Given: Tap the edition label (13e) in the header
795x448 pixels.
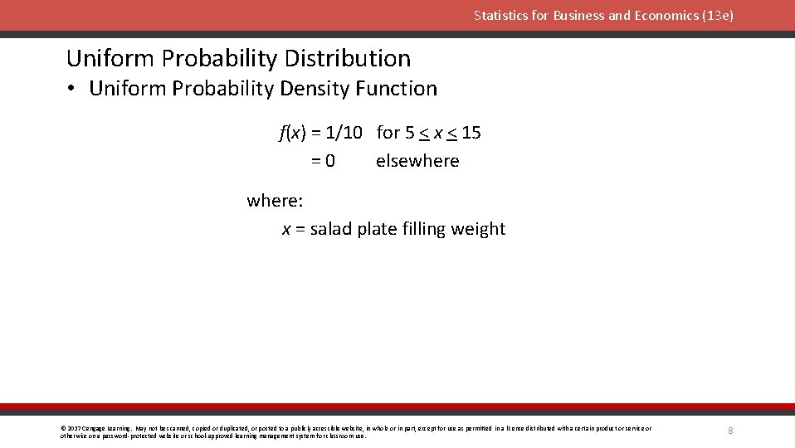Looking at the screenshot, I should pyautogui.click(x=717, y=16).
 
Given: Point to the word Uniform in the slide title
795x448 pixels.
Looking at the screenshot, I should pyautogui.click(x=110, y=58).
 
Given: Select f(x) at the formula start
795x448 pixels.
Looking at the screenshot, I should pyautogui.click(x=292, y=133).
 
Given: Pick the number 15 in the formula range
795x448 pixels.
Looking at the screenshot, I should pyautogui.click(x=471, y=133).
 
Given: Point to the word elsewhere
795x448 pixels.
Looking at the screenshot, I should pyautogui.click(x=417, y=161).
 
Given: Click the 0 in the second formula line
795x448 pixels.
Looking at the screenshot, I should pyautogui.click(x=329, y=161).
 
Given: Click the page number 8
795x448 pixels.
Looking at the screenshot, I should pyautogui.click(x=730, y=431).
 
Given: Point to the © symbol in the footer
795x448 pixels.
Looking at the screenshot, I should pyautogui.click(x=63, y=428).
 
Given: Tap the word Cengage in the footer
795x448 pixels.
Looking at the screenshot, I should pyautogui.click(x=95, y=428).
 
